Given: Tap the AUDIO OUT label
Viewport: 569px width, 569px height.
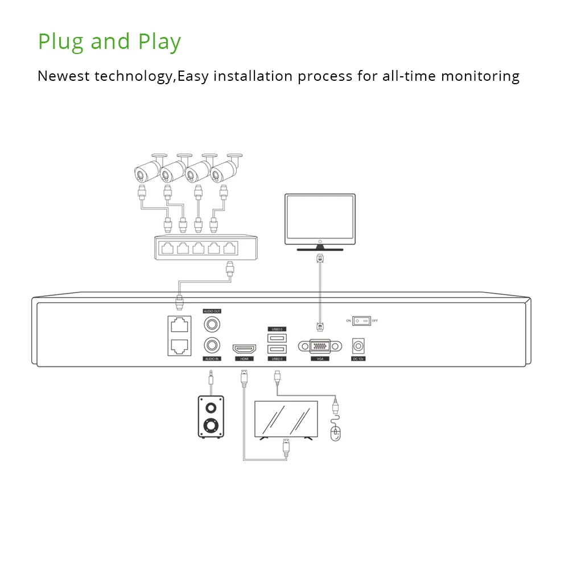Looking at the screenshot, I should [212, 311].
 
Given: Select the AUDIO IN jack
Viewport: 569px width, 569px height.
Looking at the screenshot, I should [212, 344].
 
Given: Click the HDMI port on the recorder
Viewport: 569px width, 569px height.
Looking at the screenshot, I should [244, 349].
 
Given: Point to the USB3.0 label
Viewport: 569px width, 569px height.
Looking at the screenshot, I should [277, 329].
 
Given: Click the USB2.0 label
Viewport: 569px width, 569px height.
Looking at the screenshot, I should [277, 359].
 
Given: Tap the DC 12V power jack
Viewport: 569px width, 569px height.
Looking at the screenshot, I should [359, 346].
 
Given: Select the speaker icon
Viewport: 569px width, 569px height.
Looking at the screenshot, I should [210, 417].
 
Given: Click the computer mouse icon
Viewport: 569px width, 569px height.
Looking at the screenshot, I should [336, 433].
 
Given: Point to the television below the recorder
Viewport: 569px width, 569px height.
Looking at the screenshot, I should [286, 419].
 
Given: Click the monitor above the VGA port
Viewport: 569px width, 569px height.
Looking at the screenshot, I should [320, 217].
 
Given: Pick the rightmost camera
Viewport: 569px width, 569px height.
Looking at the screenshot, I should [225, 169].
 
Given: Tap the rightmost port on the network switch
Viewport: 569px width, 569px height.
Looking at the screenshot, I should [229, 248].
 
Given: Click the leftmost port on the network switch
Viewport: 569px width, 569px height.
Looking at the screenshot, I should [168, 248].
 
